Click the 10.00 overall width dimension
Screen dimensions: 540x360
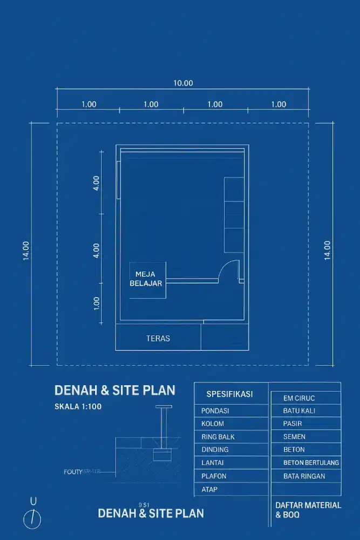tap(183, 83)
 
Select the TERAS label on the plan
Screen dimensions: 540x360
tap(158, 339)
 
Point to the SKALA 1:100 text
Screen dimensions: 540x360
tap(78, 407)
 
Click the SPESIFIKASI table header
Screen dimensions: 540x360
tap(229, 394)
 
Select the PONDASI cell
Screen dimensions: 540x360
tap(215, 411)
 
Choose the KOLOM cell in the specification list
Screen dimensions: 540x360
tap(213, 424)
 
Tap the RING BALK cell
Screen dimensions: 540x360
tap(218, 437)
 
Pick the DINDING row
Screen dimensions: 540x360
tap(215, 450)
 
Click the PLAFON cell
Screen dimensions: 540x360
tap(214, 476)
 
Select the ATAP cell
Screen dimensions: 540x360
tap(209, 489)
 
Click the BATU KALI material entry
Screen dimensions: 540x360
tap(300, 411)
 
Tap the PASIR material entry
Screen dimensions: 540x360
tap(293, 424)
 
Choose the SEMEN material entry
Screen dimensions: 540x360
tap(294, 437)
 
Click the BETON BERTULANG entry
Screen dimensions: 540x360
tap(311, 463)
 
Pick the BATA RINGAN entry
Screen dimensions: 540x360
tap(304, 476)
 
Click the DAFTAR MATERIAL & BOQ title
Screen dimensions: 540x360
tap(308, 510)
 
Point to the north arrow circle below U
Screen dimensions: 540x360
tap(32, 519)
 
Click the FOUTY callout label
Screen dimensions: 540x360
tap(73, 471)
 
